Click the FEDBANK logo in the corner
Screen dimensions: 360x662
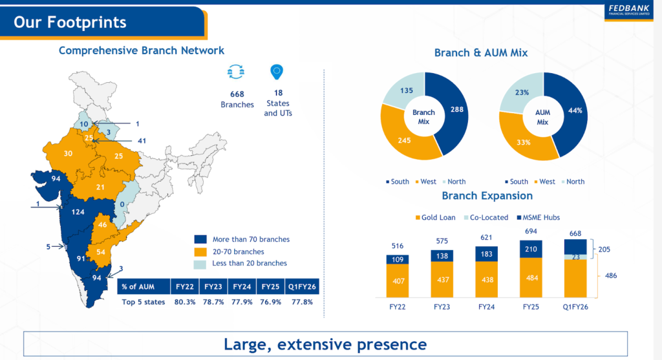tap(629, 11)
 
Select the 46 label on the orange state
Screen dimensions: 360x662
tap(103, 226)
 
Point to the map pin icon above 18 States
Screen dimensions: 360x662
tap(277, 72)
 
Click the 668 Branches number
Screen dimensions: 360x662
tap(237, 94)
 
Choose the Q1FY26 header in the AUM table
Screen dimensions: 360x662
tap(303, 286)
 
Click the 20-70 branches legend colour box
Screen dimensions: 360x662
tap(200, 251)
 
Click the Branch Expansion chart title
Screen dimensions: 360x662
tap(487, 195)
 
